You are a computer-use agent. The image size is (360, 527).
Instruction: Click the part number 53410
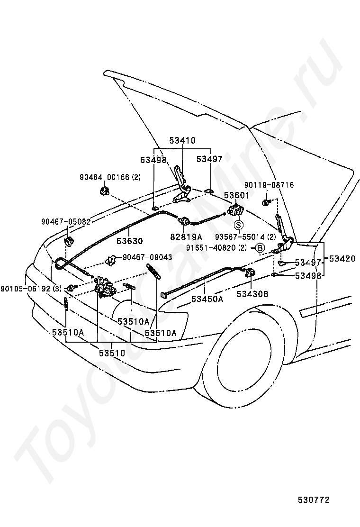coord(182,140)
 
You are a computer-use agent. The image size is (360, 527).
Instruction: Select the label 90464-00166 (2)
coord(110,177)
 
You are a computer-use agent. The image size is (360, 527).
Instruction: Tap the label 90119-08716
coord(269,185)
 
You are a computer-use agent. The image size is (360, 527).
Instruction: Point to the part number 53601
coord(237,196)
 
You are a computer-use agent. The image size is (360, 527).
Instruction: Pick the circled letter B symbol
coord(260,248)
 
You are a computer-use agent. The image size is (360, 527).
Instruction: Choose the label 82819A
coord(186,237)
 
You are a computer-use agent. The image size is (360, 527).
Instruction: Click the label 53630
coord(130,241)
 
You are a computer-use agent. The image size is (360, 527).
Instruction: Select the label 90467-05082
coord(66,222)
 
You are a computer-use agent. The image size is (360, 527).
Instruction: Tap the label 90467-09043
coord(147,257)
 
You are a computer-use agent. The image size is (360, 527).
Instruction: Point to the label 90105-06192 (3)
coord(31,288)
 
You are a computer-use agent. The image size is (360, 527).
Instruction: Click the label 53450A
coord(207,299)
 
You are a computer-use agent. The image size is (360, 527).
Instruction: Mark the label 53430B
coord(252,294)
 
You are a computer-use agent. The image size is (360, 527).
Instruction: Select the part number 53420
coord(342,258)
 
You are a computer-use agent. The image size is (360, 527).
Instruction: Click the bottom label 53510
coord(112,353)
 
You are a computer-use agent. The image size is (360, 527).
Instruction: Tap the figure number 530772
coord(314,500)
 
